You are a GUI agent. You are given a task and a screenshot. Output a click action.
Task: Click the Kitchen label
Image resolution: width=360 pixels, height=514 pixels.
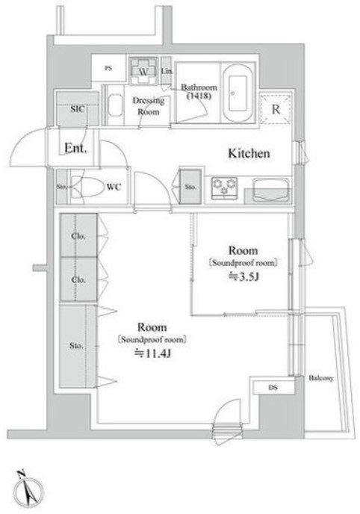(249, 153)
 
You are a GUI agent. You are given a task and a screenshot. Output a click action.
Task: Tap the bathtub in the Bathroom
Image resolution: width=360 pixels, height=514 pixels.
(238, 93)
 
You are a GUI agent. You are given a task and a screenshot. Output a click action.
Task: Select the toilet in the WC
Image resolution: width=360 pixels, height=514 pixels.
(86, 187)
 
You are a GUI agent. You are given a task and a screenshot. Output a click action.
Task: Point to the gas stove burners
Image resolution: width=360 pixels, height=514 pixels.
(224, 188)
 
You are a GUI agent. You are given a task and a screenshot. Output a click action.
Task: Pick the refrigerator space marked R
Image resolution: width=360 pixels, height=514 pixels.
(276, 109)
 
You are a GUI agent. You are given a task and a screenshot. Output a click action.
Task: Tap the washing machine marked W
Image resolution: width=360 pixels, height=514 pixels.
(143, 71)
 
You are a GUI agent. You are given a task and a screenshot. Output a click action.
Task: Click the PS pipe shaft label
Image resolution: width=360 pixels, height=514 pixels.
(108, 68)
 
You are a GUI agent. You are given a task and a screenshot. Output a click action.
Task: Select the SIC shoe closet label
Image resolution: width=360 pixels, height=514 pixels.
(78, 109)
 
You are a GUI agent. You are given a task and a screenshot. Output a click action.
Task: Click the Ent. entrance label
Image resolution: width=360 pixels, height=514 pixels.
(75, 148)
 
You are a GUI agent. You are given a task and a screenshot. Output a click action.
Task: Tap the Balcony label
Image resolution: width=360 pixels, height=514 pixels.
(321, 378)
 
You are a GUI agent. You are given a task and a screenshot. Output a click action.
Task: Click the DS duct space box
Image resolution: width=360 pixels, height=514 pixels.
(273, 388)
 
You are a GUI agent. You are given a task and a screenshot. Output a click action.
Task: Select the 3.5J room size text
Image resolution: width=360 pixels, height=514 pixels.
(243, 277)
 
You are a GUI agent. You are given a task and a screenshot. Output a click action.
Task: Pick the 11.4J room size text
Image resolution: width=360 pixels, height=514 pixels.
(153, 353)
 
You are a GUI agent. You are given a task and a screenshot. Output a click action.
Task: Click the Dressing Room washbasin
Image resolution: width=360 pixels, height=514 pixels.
(115, 105)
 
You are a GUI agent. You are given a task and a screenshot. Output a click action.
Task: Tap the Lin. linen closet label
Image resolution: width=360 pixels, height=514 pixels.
(167, 70)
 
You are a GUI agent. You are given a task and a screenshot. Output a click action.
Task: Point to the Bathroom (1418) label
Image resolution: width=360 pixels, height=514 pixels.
(199, 92)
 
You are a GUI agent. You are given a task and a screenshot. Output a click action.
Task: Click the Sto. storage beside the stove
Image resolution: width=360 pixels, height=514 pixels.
(190, 187)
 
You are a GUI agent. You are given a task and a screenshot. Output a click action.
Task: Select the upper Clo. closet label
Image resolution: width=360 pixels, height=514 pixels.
(78, 236)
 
